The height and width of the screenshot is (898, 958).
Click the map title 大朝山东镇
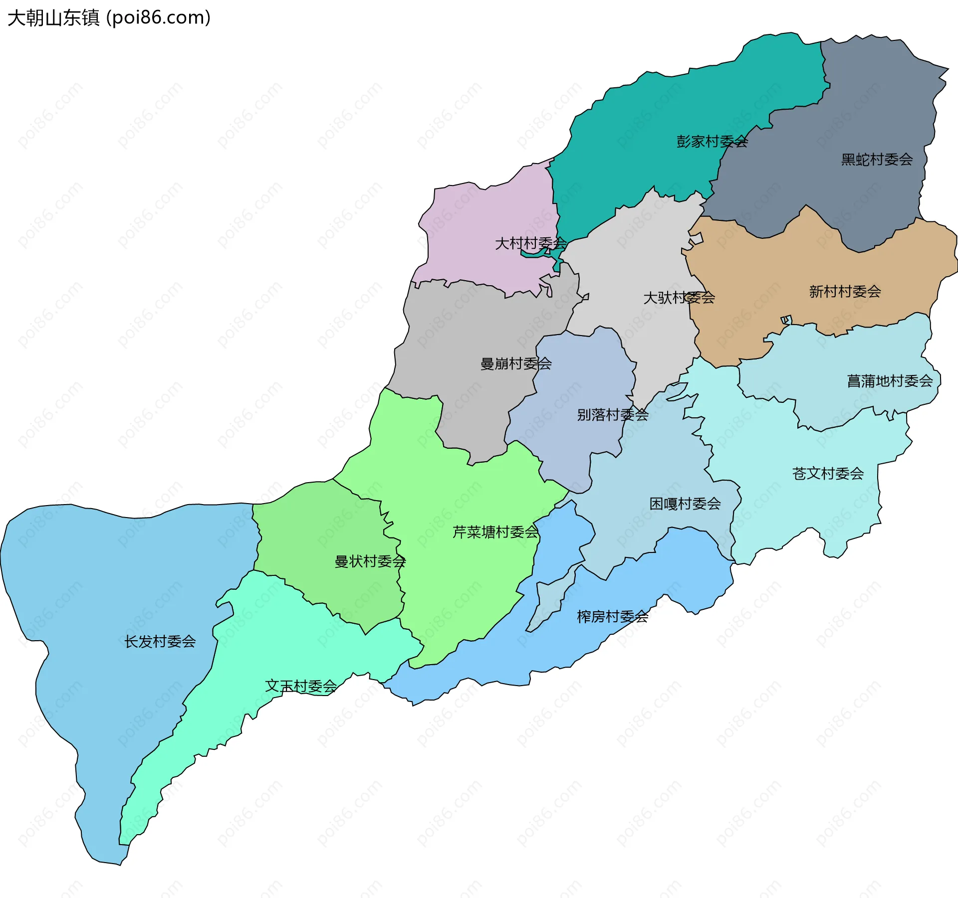pyautogui.click(x=53, y=18)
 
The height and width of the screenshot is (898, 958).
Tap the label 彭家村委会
pyautogui.click(x=712, y=142)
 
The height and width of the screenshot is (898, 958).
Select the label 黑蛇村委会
pyautogui.click(x=877, y=160)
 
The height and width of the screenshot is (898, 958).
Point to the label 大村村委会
pyautogui.click(x=530, y=243)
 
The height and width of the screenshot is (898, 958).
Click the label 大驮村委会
pyautogui.click(x=679, y=298)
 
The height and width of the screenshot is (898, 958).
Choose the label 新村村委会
pyautogui.click(x=845, y=291)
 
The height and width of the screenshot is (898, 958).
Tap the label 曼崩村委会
pyautogui.click(x=515, y=363)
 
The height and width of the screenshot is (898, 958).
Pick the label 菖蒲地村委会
pyautogui.click(x=890, y=381)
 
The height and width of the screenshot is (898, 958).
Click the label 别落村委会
pyautogui.click(x=612, y=414)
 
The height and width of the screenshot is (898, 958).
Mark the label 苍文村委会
pyautogui.click(x=828, y=473)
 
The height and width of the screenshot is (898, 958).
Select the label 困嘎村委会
pyautogui.click(x=685, y=504)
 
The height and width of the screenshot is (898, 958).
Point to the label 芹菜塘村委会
pyautogui.click(x=495, y=532)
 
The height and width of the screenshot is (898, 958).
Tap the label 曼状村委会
pyautogui.click(x=370, y=561)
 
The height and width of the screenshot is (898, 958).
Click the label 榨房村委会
pyautogui.click(x=612, y=617)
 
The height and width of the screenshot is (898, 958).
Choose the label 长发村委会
pyautogui.click(x=160, y=641)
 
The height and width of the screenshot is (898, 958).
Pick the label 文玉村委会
pyautogui.click(x=301, y=686)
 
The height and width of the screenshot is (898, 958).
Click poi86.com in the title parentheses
pyautogui.click(x=159, y=18)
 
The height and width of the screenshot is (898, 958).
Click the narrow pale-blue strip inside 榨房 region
pyautogui.click(x=549, y=598)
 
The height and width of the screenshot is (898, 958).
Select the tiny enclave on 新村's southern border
pyautogui.click(x=786, y=320)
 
